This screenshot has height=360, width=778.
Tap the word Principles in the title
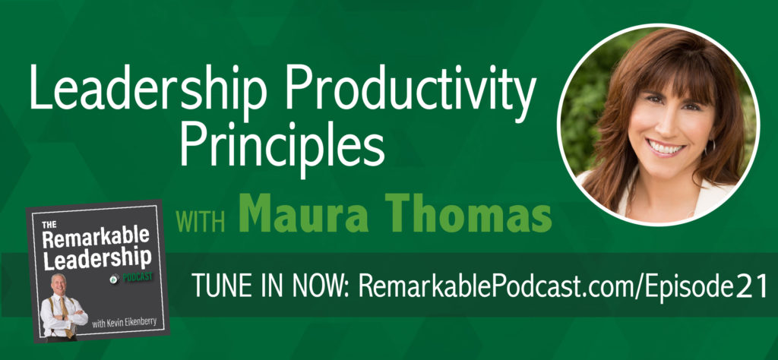click(x=282, y=144)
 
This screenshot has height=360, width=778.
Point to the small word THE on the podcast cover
click(x=49, y=225)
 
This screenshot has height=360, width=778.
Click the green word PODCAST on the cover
click(x=137, y=279)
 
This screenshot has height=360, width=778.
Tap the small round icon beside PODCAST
click(x=115, y=279)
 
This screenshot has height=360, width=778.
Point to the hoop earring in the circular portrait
click(x=713, y=147)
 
